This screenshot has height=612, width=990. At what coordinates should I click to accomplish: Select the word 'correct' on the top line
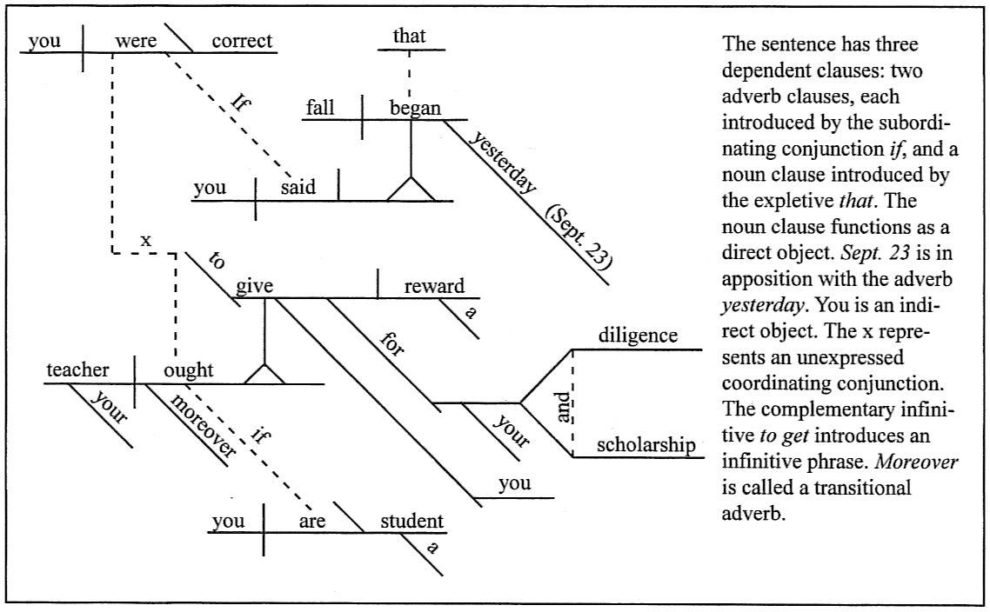[x=241, y=41]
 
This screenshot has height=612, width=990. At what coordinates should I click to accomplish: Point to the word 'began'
[x=415, y=109]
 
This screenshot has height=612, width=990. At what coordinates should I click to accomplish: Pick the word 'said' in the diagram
[x=298, y=188]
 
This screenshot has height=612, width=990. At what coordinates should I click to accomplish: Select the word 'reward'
[x=434, y=287]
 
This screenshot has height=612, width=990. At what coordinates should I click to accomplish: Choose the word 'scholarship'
[x=645, y=445]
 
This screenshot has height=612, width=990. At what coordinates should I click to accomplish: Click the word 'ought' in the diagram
[x=188, y=371]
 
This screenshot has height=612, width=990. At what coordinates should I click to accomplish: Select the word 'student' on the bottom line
[x=412, y=522]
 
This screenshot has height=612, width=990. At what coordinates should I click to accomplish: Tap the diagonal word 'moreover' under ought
[x=203, y=423]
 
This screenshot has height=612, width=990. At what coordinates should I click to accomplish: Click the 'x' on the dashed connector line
[x=146, y=240]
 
